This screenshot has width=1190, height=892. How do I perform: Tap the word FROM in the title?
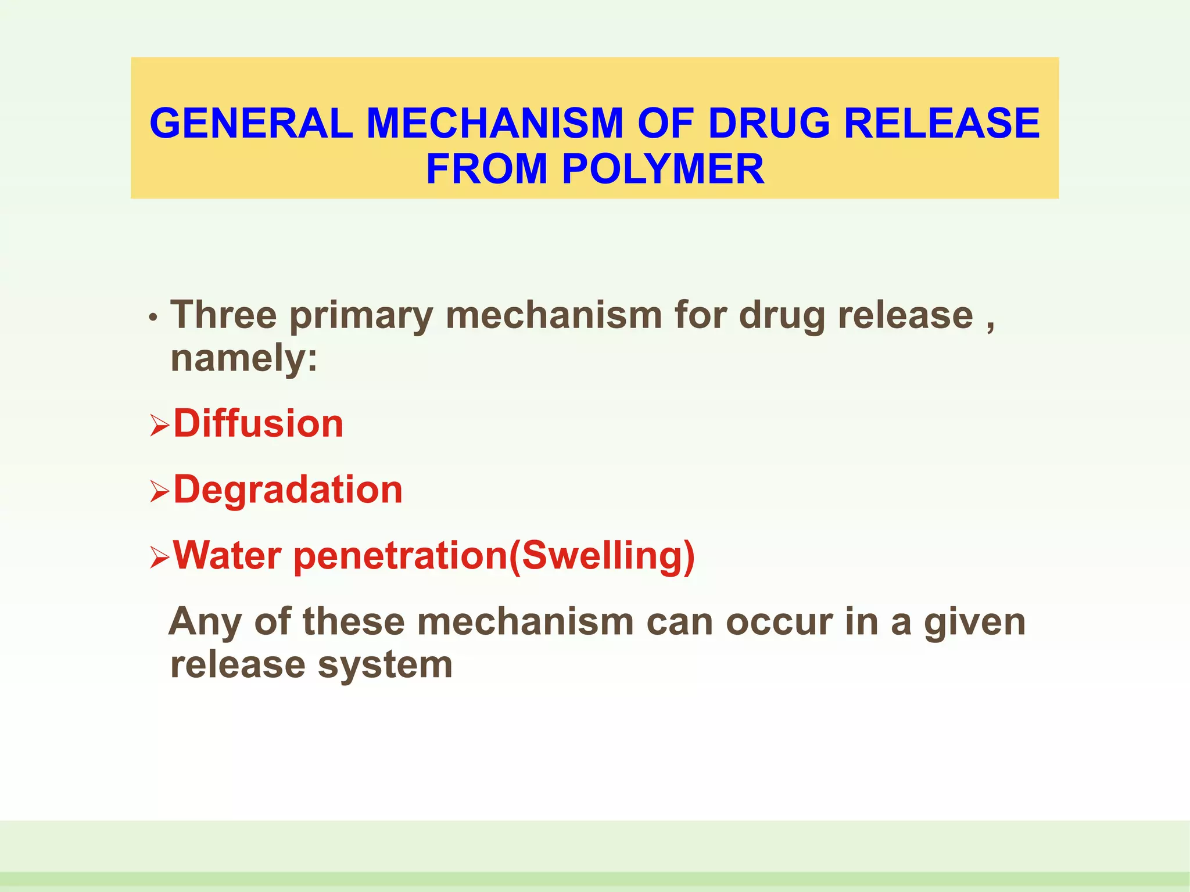pos(487,169)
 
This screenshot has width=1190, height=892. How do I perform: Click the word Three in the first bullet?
pos(224,315)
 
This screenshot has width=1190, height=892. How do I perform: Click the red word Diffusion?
pos(259,423)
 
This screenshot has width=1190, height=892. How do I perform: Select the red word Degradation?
pos(288,490)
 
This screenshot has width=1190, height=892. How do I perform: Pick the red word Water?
pos(227,555)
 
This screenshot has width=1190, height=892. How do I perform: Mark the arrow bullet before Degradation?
pos(159,492)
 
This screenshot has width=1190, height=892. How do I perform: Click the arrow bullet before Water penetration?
pos(159,557)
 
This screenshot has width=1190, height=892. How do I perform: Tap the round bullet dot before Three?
pos(153,318)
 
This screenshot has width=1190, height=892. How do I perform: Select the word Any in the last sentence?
pos(205,623)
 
